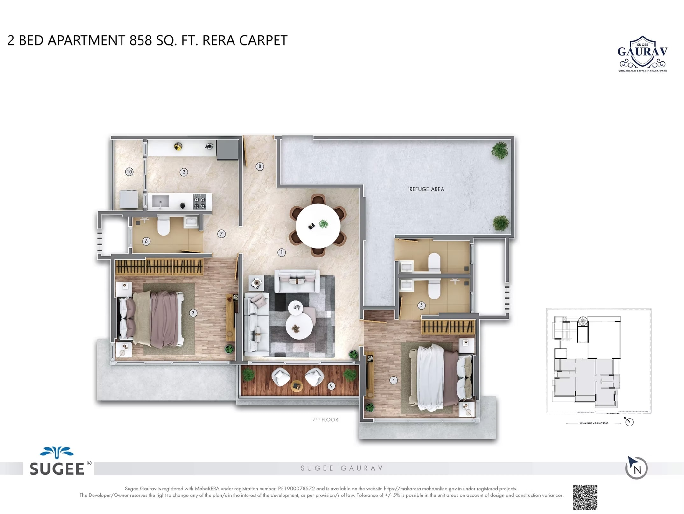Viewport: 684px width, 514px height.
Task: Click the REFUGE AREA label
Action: point(426,189)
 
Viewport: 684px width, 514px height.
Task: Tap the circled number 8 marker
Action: point(260,166)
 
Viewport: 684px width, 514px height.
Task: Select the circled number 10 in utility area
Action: point(129,172)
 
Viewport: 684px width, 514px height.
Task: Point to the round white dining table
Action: point(318,225)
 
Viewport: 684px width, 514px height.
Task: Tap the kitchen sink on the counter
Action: point(160,201)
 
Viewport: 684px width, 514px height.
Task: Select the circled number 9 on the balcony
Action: point(331,386)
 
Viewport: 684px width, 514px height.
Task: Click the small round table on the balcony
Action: point(297,386)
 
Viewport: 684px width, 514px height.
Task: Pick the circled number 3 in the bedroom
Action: point(193,313)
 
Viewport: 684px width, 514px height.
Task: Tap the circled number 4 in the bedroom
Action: point(393,380)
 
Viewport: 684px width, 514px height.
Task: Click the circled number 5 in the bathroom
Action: point(421,306)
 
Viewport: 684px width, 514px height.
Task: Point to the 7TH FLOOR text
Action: point(325,419)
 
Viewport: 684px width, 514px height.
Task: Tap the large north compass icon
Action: point(636,468)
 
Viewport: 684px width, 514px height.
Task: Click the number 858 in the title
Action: point(141,40)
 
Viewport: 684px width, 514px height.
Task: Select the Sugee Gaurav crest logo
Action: point(642,53)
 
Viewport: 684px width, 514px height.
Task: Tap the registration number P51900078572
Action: point(296,489)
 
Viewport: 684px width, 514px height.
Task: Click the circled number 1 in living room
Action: point(281,252)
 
